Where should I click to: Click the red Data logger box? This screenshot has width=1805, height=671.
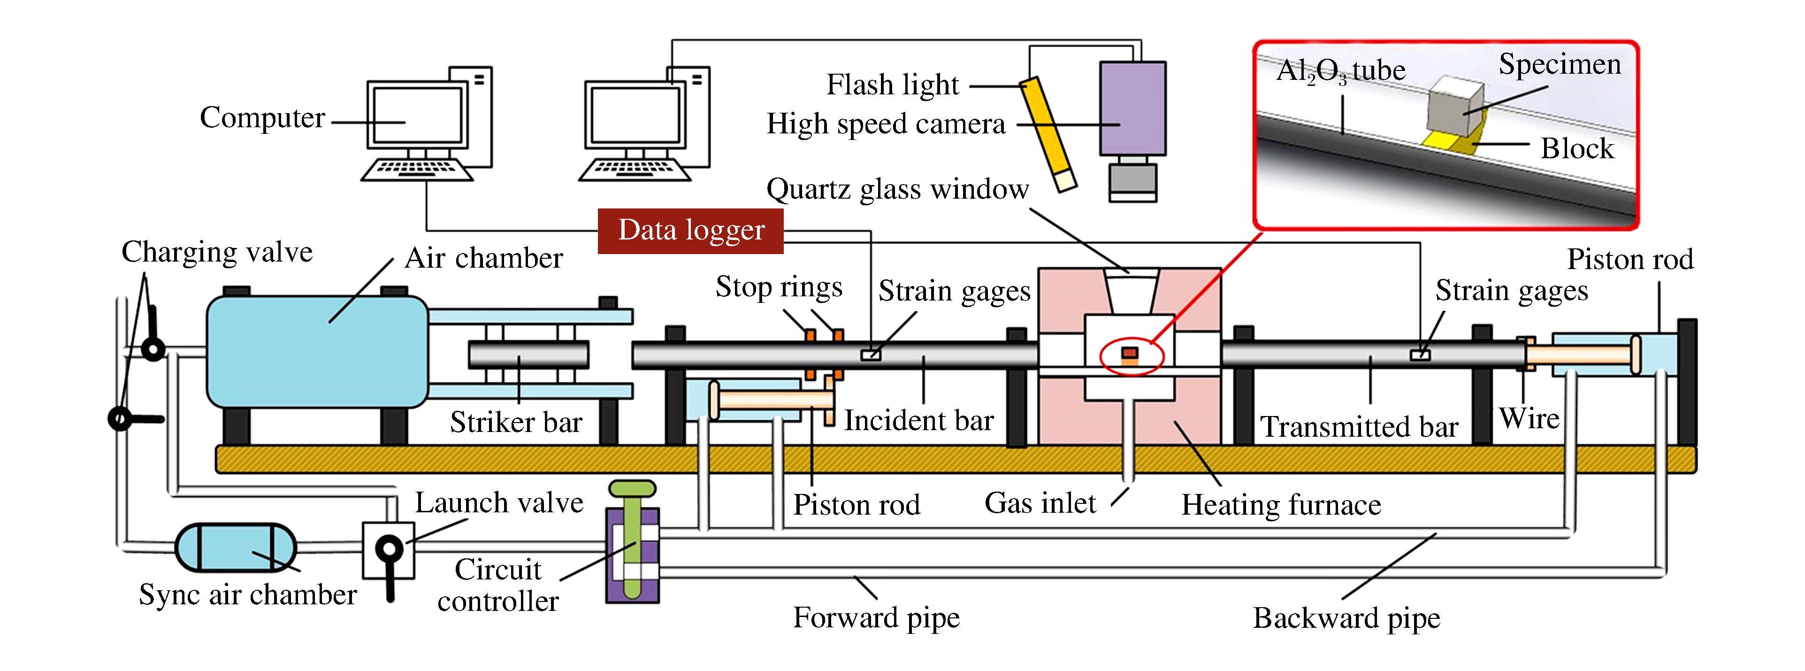pyautogui.click(x=690, y=231)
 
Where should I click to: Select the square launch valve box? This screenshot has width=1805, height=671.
pyautogui.click(x=388, y=550)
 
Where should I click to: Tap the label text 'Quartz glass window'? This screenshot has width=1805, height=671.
pyautogui.click(x=897, y=189)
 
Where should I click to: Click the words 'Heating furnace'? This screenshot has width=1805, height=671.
pyautogui.click(x=1281, y=505)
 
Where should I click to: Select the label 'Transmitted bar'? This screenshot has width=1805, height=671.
pyautogui.click(x=1359, y=427)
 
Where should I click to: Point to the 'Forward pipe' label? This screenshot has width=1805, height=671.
pyautogui.click(x=876, y=618)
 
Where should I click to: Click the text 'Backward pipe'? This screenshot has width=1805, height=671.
pyautogui.click(x=1346, y=618)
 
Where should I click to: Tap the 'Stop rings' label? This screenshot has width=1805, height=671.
pyautogui.click(x=779, y=287)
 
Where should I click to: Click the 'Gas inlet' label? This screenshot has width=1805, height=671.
pyautogui.click(x=1040, y=503)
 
